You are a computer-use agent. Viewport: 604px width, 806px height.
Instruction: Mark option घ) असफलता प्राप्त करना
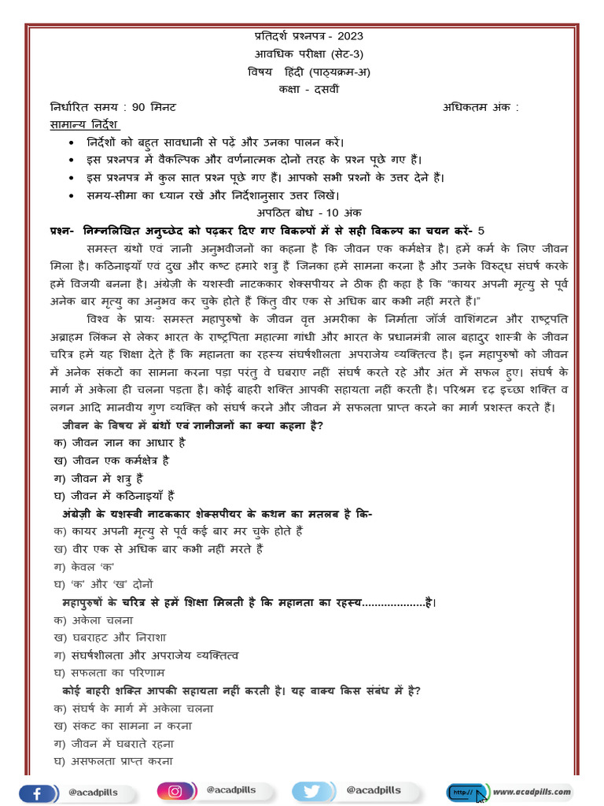(113, 761)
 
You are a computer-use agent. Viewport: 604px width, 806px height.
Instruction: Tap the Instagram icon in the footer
(177, 791)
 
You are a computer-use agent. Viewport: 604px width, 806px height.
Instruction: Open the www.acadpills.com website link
(532, 791)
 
